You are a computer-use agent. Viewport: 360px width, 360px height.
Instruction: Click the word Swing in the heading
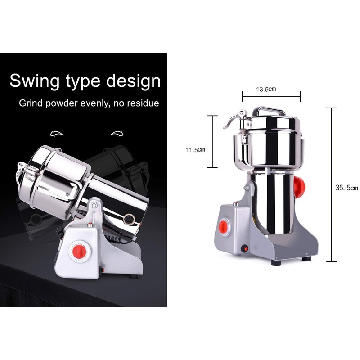tap(35, 81)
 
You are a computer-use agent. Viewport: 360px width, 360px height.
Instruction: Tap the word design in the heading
tap(133, 81)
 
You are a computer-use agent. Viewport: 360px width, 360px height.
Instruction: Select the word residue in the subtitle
tap(143, 103)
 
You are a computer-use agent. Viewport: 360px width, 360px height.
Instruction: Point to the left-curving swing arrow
tap(57, 134)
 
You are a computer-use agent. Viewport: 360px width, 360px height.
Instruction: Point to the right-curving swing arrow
tap(117, 133)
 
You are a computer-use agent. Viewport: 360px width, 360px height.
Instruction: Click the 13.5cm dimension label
tap(266, 89)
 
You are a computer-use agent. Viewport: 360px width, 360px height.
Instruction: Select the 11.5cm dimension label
tap(196, 150)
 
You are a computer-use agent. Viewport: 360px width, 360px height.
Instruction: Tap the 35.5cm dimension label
tap(346, 188)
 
